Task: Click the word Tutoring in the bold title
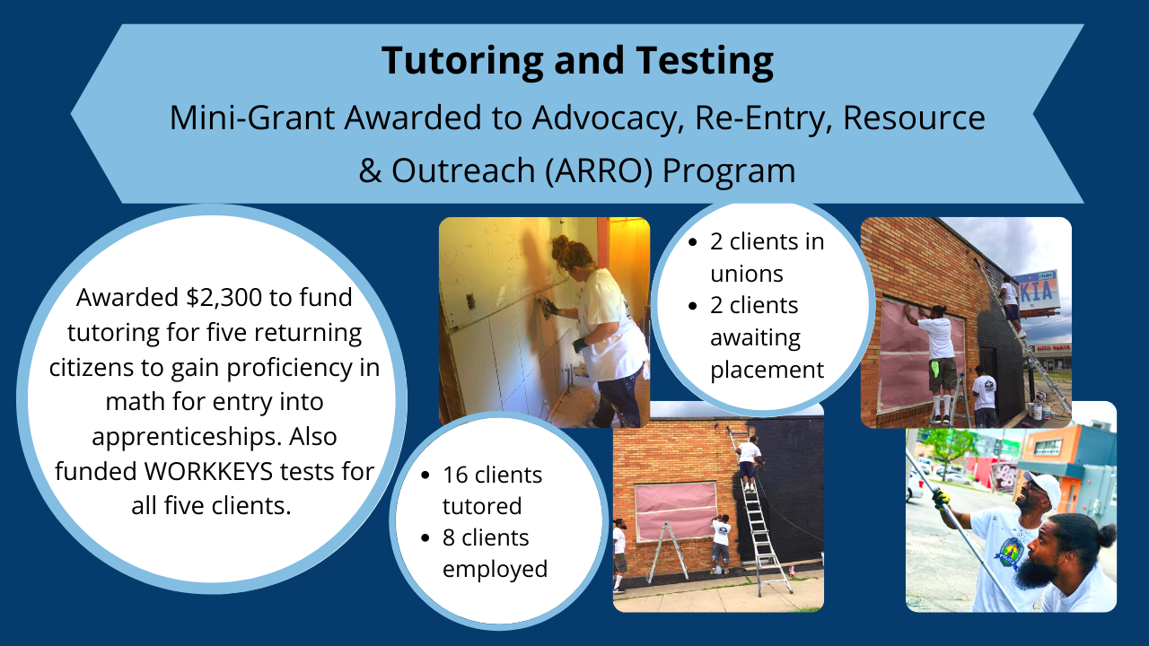(462, 61)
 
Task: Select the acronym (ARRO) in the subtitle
(599, 170)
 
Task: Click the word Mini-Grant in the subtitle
(252, 118)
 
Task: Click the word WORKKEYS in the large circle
(208, 472)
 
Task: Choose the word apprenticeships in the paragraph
(186, 437)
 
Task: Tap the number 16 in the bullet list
(455, 476)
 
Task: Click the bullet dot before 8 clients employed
(425, 537)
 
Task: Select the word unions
(746, 275)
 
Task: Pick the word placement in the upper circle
(767, 371)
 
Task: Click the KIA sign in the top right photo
(1036, 292)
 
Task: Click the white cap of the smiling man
(1042, 484)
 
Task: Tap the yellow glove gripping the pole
(941, 498)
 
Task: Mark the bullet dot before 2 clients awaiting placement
(693, 306)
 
